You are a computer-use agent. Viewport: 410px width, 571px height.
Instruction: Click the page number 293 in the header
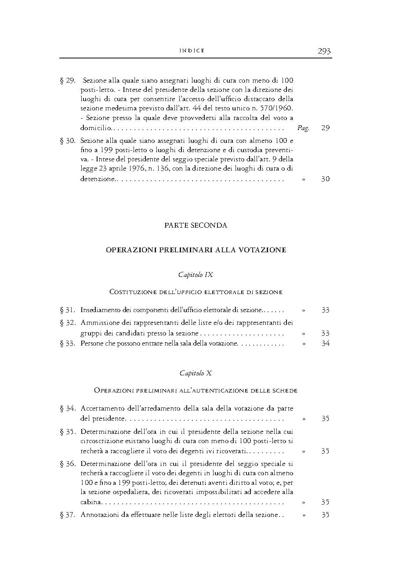tap(324, 51)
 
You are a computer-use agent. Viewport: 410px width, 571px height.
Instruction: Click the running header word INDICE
tap(192, 51)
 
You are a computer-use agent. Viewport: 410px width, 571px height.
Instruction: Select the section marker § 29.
tap(68, 80)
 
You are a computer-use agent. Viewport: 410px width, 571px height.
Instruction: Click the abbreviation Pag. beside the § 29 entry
tap(303, 128)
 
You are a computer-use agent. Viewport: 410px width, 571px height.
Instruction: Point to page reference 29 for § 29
tap(325, 128)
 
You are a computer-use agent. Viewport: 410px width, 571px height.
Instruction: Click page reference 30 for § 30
tap(325, 179)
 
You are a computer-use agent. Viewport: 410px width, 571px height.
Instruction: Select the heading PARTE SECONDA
tap(196, 225)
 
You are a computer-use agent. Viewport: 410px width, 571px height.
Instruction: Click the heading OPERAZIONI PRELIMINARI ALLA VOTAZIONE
tap(196, 250)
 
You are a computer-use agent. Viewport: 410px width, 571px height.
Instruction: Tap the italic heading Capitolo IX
tap(196, 274)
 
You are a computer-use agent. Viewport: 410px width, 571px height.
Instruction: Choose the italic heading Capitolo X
tap(196, 373)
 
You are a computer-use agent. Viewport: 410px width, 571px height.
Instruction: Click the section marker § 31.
tap(68, 310)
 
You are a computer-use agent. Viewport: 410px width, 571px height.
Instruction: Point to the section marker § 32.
tap(68, 323)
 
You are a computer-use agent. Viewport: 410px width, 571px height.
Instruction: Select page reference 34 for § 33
tap(325, 343)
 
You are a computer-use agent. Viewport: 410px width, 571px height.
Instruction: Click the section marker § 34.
tap(68, 409)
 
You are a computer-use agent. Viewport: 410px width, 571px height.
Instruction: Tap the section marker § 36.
tap(68, 463)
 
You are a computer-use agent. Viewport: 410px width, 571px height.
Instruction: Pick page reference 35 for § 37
tap(325, 515)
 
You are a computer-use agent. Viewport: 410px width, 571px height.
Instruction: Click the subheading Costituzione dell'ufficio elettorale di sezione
tap(196, 291)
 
